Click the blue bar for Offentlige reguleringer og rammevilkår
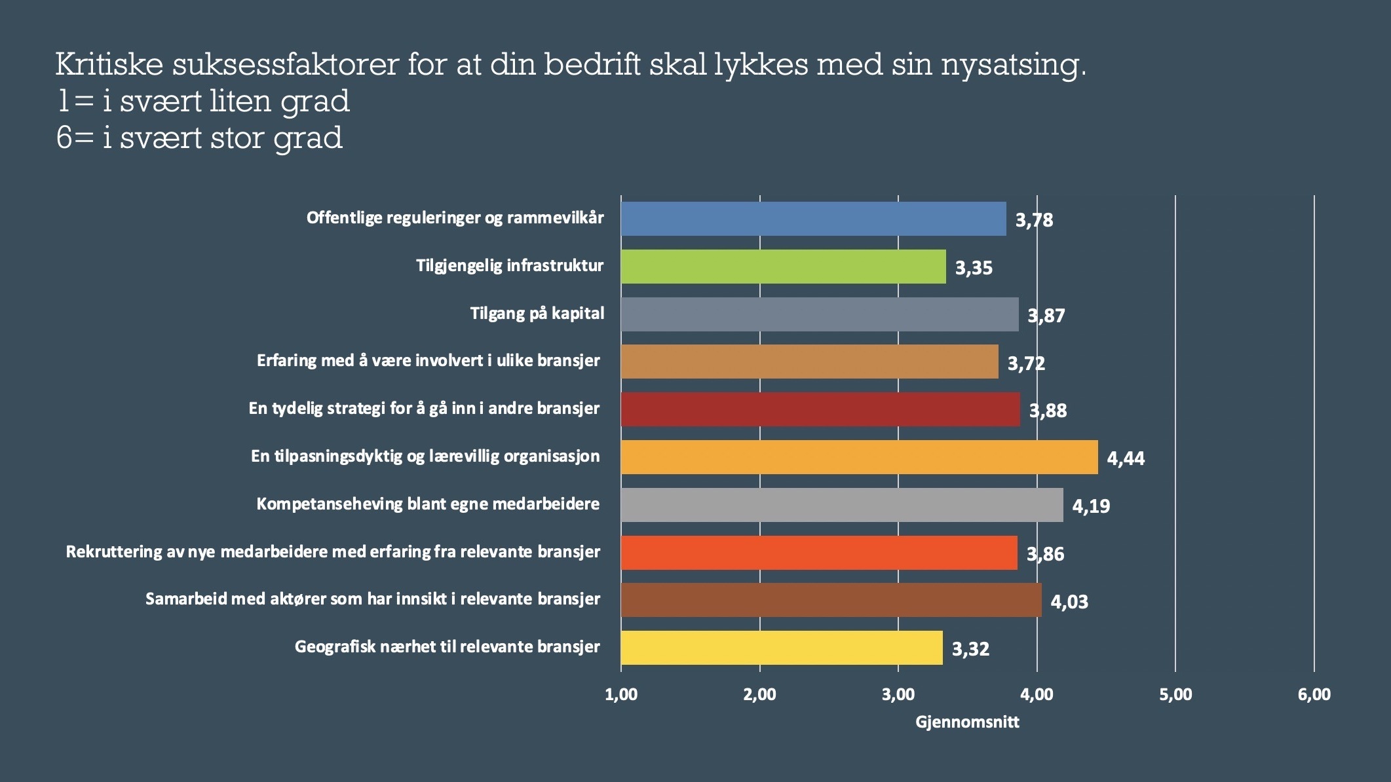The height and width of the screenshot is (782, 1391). coord(813,219)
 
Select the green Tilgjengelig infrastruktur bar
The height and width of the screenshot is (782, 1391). coord(783,267)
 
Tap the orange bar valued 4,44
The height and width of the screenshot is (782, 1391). coord(859,457)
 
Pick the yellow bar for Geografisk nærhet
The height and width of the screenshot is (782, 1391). coord(782,648)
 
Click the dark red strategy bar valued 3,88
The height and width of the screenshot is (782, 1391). coord(820,409)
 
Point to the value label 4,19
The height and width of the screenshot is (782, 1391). coord(1091,506)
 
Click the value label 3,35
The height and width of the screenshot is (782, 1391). coord(974,268)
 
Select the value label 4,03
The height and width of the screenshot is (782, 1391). coord(1069,601)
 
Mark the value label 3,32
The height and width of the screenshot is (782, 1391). coord(970,649)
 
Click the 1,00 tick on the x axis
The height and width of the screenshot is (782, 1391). coord(621,695)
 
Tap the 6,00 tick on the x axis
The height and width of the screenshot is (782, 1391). coord(1314,695)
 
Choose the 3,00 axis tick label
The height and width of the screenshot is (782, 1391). coord(898,695)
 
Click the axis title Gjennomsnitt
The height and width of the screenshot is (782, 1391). coord(967,722)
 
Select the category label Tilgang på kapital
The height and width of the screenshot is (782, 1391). coord(537,314)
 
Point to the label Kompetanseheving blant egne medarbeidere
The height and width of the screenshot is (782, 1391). coord(428,504)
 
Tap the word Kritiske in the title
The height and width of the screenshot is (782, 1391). coord(108,64)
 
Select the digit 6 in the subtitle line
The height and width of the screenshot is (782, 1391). coord(64,138)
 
